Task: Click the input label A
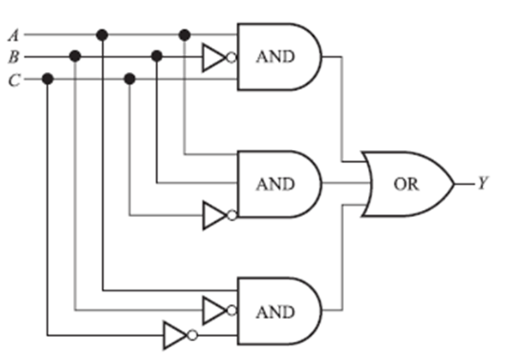coord(13,35)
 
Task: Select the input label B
coord(13,57)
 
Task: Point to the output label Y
coord(484,184)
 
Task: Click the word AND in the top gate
coord(275,57)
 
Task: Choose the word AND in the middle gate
coord(275,184)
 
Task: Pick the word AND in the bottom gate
coord(275,311)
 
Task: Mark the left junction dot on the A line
coord(102,35)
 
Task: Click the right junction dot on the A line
coord(184,35)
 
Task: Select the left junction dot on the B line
coord(75,57)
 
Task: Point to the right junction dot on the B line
coord(156,57)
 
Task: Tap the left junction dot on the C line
coord(47,79)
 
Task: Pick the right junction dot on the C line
coord(130,79)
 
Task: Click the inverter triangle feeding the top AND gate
coord(213,57)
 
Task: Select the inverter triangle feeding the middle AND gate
coord(213,216)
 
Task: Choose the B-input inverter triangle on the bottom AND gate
coord(213,309)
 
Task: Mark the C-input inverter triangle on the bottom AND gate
coord(174,334)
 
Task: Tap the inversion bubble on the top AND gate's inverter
coord(231,57)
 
